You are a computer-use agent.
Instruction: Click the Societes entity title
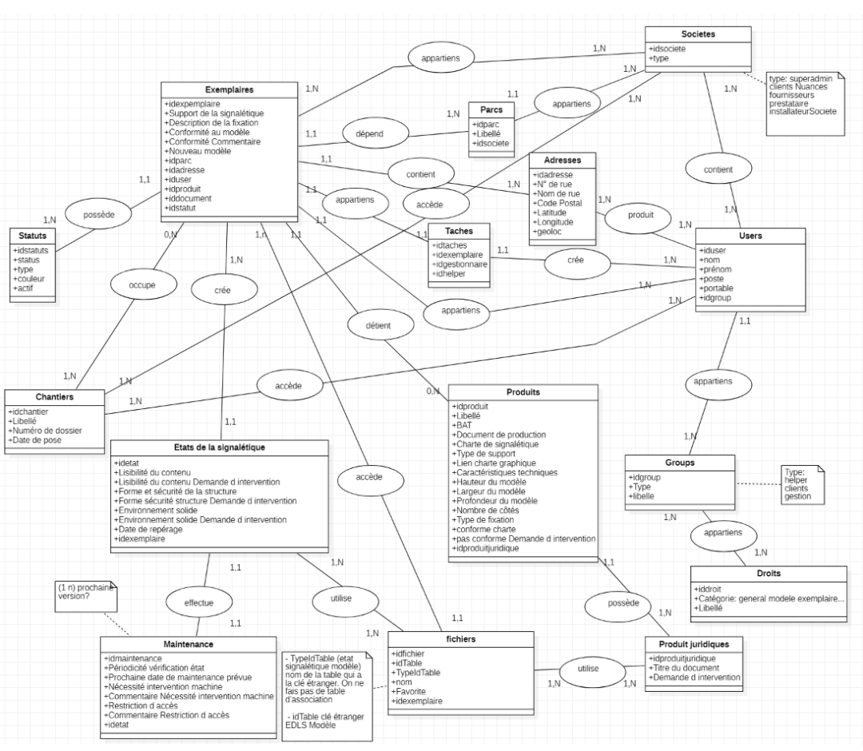[x=698, y=34]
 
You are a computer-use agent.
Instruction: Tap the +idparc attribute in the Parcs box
[x=487, y=125]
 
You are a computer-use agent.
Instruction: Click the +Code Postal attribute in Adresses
[x=559, y=202]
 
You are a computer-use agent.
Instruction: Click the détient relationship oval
[x=380, y=325]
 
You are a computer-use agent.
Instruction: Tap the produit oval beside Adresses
[x=640, y=215]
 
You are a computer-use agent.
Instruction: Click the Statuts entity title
[x=33, y=236]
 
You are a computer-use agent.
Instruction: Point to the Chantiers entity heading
[x=54, y=397]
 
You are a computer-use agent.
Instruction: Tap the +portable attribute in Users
[x=715, y=288]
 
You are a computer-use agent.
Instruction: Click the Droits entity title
[x=767, y=574]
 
